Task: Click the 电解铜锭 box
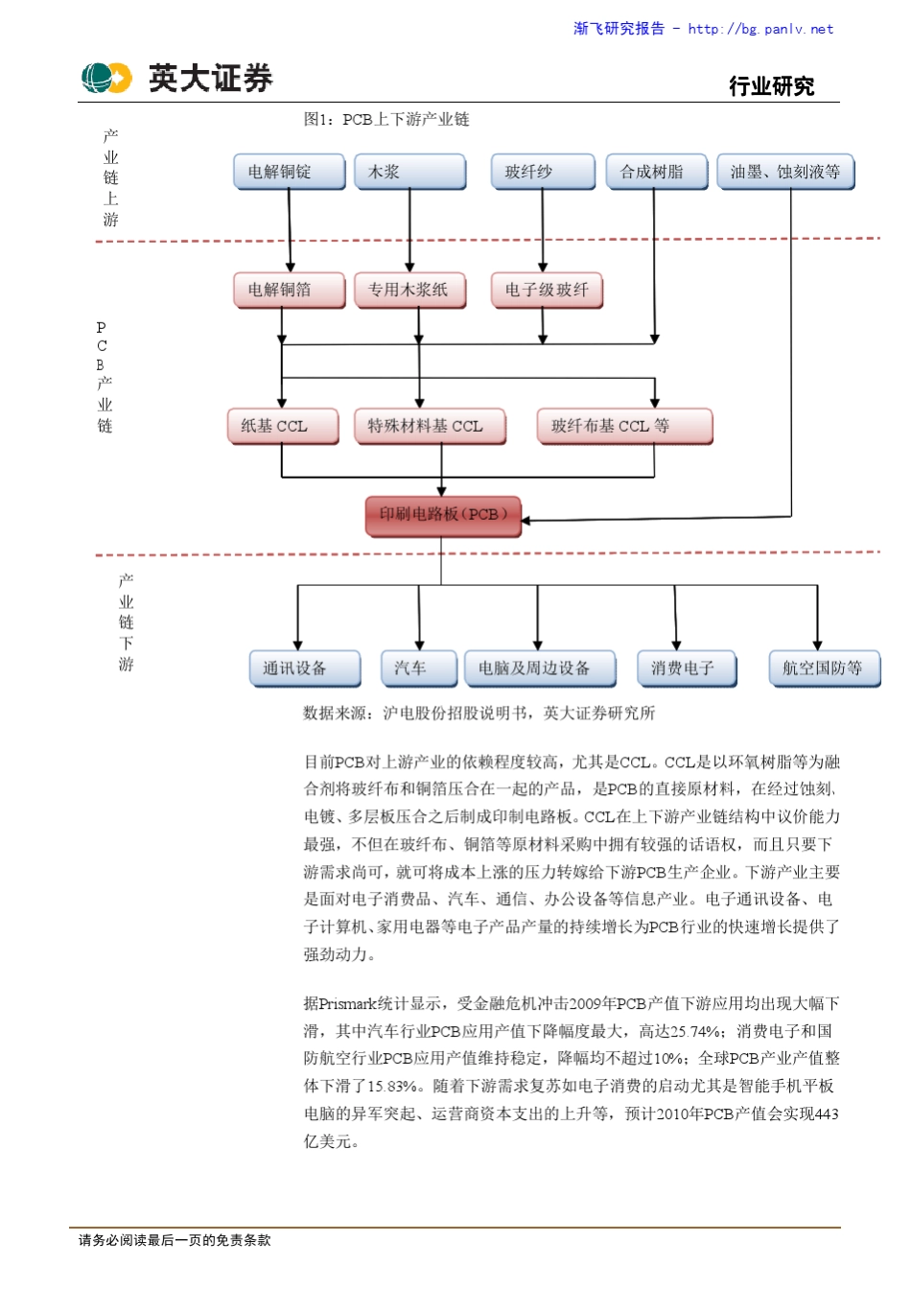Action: (x=289, y=172)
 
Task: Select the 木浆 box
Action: (x=409, y=172)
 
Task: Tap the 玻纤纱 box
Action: (x=542, y=172)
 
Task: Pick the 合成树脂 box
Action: (x=657, y=172)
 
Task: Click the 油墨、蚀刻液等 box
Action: (x=784, y=172)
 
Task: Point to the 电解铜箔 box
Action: (x=289, y=290)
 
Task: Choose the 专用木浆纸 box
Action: (x=409, y=290)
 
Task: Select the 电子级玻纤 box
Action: (x=547, y=290)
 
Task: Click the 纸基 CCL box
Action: (x=283, y=426)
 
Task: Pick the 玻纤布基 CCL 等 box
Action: (x=624, y=426)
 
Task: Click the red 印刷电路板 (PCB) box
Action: (x=442, y=515)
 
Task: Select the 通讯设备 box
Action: (x=304, y=668)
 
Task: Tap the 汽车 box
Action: (x=418, y=668)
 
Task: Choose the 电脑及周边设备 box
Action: (x=539, y=668)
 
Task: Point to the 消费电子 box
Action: (x=687, y=668)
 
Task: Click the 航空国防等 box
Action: (x=824, y=668)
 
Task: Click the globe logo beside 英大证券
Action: (x=105, y=78)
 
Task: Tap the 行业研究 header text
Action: (x=771, y=86)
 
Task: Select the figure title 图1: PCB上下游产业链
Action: (x=386, y=119)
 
